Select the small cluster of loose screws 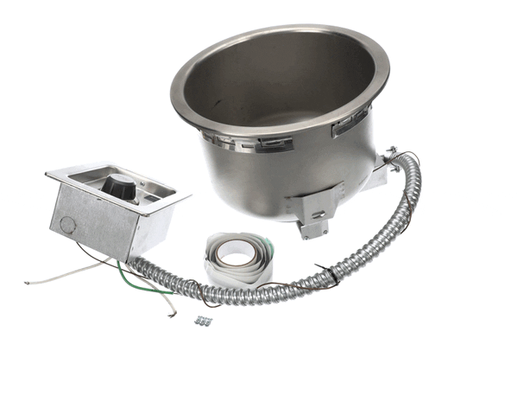204,321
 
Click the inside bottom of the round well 285,108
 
